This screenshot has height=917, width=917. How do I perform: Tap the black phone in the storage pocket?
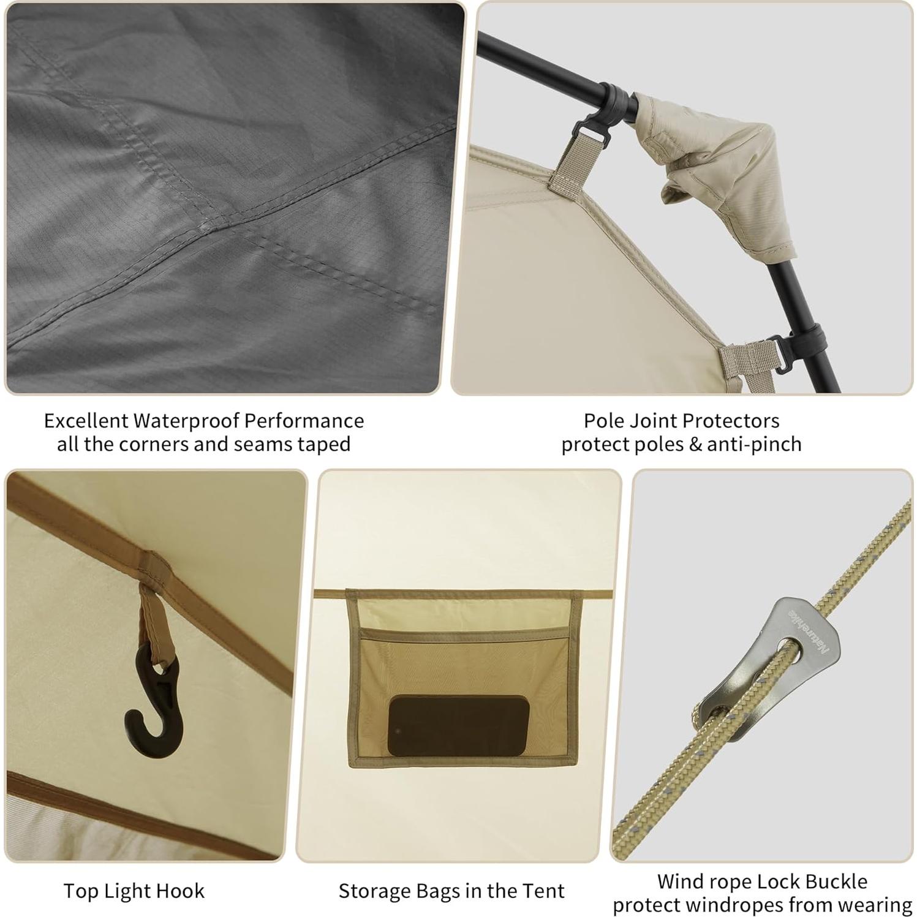click(x=458, y=725)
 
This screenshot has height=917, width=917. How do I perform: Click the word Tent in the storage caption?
click(x=543, y=891)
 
